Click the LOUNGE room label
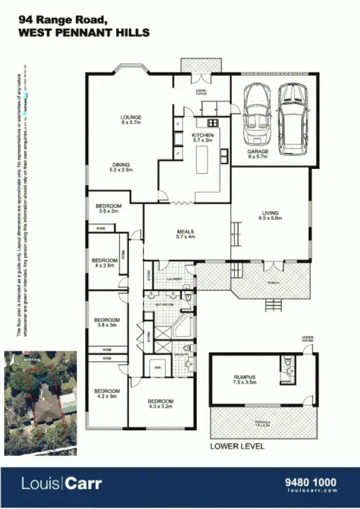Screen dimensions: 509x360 pos(131,117)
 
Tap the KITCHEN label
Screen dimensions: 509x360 pos(202,136)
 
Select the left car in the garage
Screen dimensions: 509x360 pos(257,110)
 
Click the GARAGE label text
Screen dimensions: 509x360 pos(258,151)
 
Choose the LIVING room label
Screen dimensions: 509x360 pos(270,214)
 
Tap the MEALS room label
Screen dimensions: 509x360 pos(185,231)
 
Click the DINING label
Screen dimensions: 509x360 pos(122,165)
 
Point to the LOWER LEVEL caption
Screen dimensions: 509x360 pos(237,447)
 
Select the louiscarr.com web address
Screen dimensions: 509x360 pos(311,493)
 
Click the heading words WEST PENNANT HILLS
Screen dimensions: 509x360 pos(84,33)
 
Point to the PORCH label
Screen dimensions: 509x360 pos(274,282)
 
